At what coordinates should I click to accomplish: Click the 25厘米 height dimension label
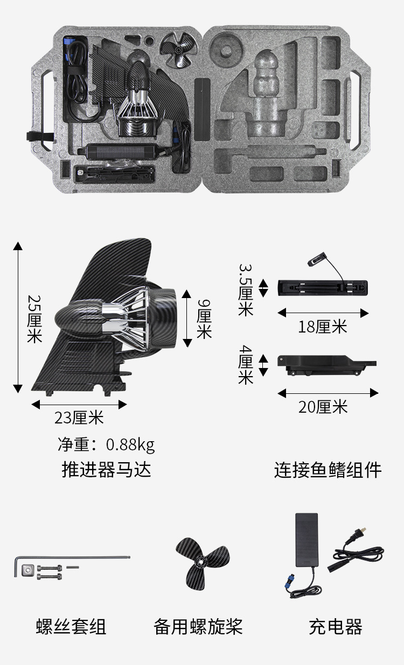(x=34, y=318)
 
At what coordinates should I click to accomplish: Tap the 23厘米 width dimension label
(x=79, y=417)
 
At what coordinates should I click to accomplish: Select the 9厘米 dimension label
(x=204, y=319)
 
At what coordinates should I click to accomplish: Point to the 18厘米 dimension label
(x=323, y=327)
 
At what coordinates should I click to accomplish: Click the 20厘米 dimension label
(x=323, y=407)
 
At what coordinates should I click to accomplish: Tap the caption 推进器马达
(x=106, y=469)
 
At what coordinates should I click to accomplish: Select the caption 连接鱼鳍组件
(x=328, y=470)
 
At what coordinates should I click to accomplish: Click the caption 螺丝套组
(x=71, y=627)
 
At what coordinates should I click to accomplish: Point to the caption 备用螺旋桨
(x=198, y=627)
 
